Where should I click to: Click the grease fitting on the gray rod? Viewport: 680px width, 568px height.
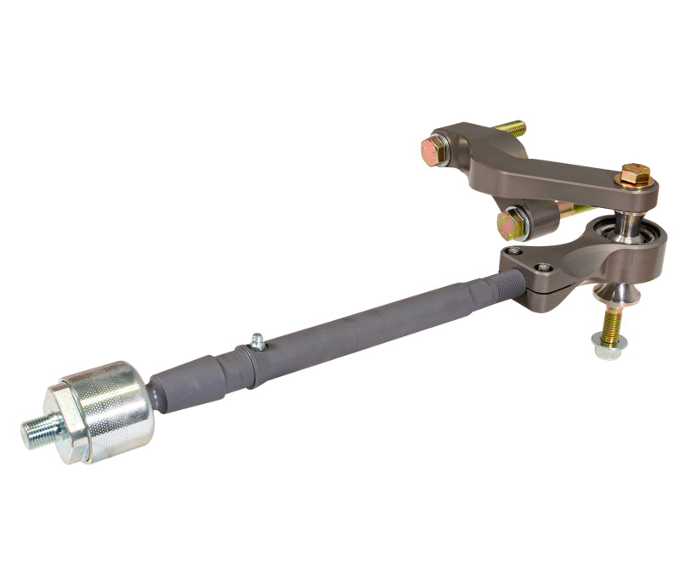256,343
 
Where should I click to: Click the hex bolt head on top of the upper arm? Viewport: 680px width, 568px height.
635,176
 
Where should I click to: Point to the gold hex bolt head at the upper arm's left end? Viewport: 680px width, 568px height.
434,152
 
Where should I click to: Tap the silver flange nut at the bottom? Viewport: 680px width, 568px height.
609,345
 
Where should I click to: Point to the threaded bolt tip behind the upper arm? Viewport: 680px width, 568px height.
511,128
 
